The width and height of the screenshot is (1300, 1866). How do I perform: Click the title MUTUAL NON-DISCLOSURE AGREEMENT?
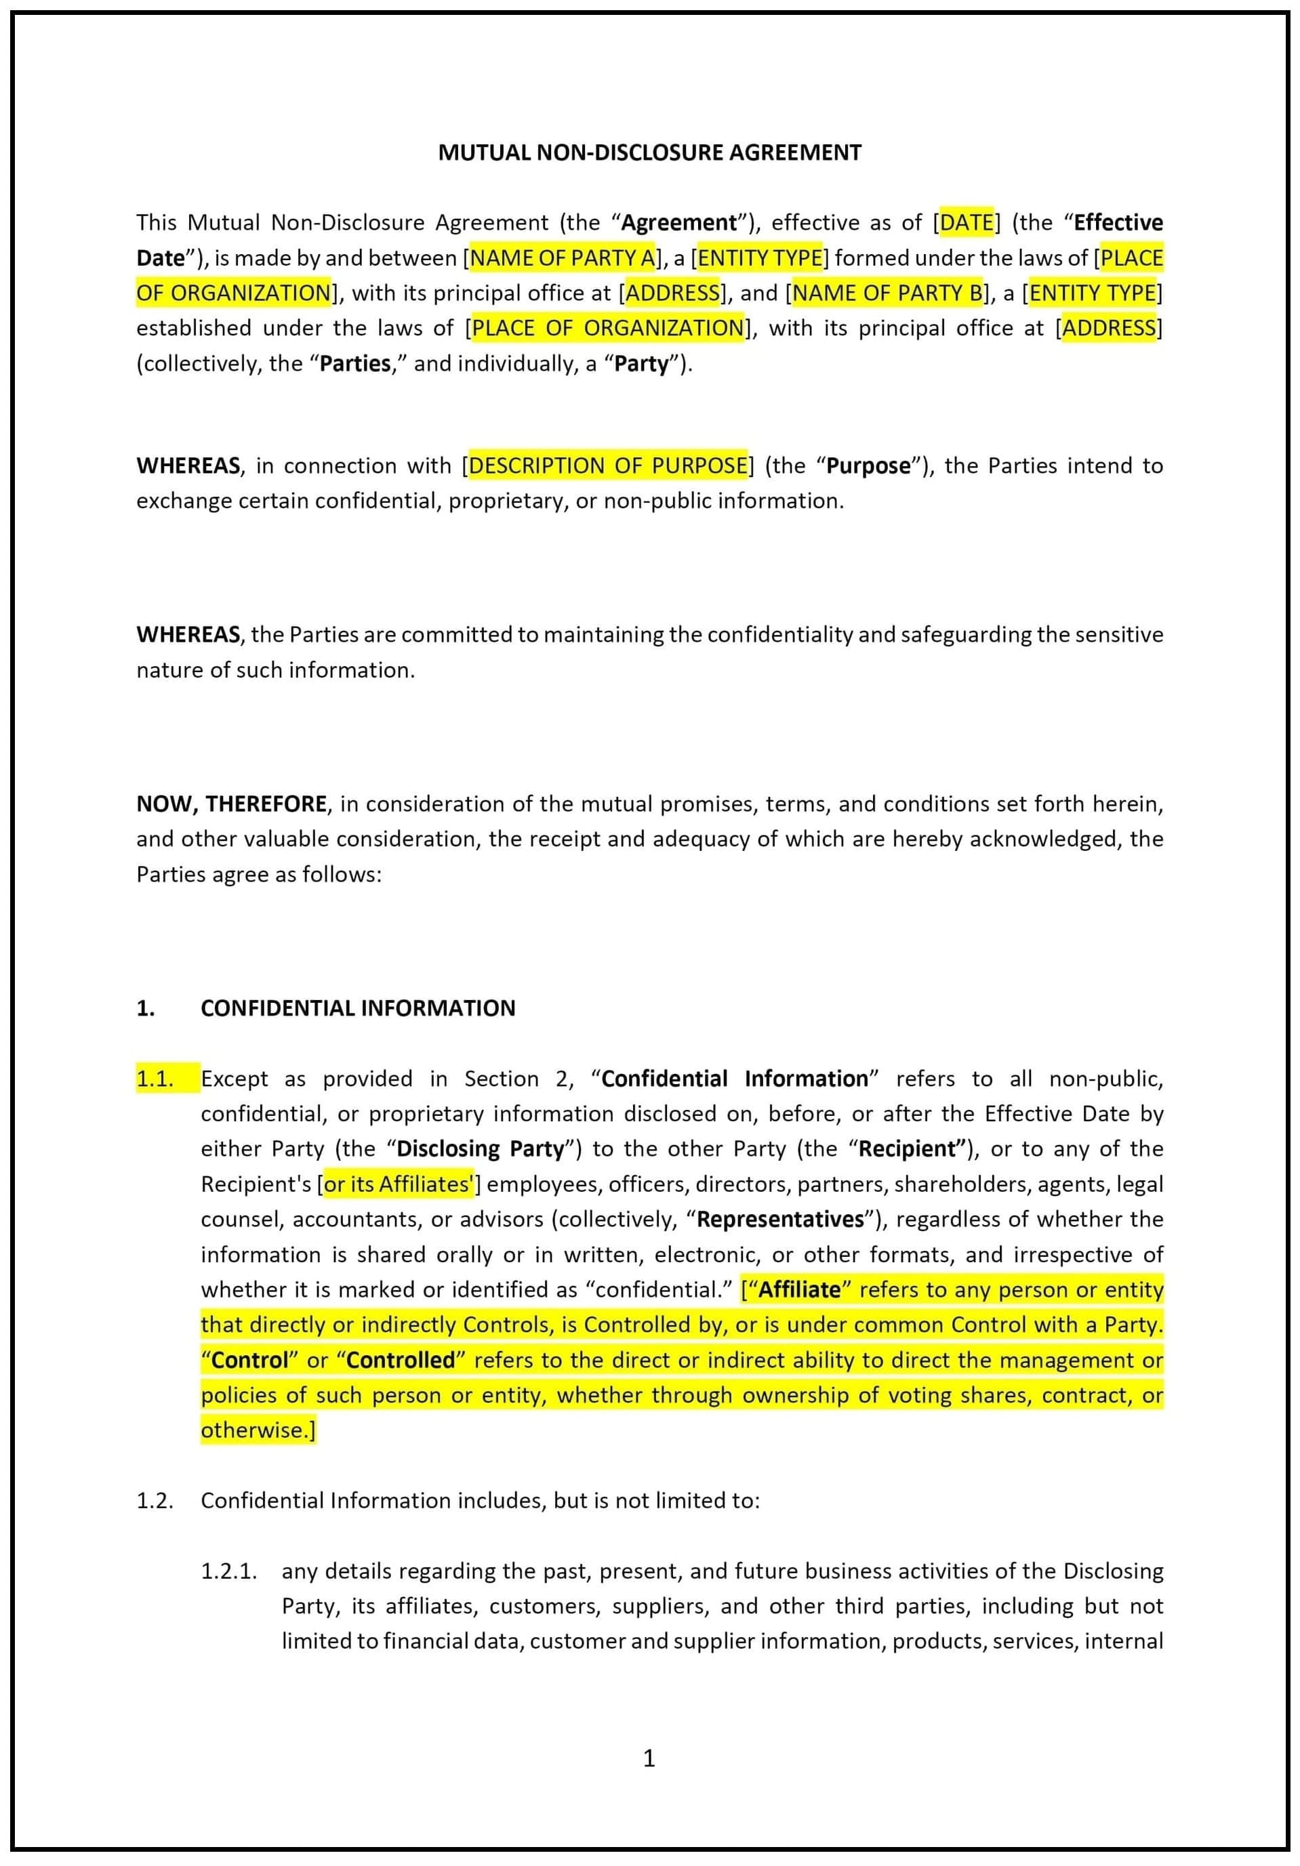coord(649,153)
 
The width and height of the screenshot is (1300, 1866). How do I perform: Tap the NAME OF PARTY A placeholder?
coord(562,257)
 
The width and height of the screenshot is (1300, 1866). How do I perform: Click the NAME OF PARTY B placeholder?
coord(887,293)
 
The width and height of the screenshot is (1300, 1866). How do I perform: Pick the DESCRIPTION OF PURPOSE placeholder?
coord(607,465)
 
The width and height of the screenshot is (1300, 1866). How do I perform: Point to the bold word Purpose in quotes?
coord(868,466)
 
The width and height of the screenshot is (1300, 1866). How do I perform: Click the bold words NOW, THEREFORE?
coord(232,804)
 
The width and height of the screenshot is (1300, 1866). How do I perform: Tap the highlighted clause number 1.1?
coord(155,1079)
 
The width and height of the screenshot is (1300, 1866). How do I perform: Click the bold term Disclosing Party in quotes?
coord(480,1148)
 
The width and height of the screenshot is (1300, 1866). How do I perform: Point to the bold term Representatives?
coord(779,1219)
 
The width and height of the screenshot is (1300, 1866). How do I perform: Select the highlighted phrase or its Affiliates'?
coord(399,1184)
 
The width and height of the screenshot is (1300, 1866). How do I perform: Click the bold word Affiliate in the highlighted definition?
coord(799,1290)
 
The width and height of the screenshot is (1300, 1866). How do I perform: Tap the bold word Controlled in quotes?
coord(400,1361)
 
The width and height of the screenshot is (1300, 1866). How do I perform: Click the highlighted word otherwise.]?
coord(258,1430)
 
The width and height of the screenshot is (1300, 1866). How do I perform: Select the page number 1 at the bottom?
coord(649,1759)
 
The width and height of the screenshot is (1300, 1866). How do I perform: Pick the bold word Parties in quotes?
coord(355,363)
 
